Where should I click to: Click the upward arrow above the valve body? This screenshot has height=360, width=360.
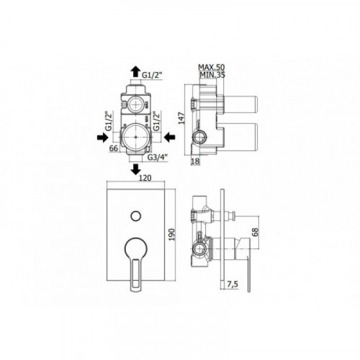(135, 71)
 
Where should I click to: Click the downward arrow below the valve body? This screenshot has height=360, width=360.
(136, 169)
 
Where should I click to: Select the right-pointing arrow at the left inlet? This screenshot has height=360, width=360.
(102, 138)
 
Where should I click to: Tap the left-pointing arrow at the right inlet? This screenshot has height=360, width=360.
(170, 138)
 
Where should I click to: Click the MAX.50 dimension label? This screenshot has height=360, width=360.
(212, 67)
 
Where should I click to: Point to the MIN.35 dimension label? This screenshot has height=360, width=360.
(212, 75)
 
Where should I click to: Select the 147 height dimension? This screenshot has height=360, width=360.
(181, 118)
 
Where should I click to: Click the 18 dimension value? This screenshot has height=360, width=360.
(195, 161)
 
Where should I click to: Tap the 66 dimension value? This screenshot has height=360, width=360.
(114, 148)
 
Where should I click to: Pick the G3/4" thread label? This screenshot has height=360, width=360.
(157, 157)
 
